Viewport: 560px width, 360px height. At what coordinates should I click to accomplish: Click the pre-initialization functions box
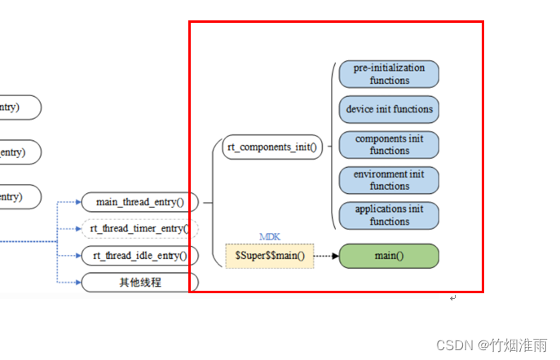(x=388, y=74)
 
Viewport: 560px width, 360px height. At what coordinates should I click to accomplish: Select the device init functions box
(x=388, y=109)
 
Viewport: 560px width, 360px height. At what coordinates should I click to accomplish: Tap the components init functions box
(x=388, y=144)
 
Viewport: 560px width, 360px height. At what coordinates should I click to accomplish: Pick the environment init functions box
(x=388, y=180)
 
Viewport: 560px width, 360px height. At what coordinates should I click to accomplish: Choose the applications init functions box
(x=388, y=215)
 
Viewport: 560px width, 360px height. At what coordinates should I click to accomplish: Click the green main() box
(x=388, y=256)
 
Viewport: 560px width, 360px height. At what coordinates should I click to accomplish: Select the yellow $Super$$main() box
(x=269, y=256)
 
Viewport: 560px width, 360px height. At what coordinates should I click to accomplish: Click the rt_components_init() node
(x=272, y=147)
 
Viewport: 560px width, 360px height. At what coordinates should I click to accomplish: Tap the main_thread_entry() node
(x=140, y=202)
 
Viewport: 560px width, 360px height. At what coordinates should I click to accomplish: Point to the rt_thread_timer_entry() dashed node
(x=140, y=229)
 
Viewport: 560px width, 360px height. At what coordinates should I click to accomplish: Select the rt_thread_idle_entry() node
(x=140, y=256)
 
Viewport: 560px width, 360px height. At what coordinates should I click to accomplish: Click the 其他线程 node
(x=140, y=282)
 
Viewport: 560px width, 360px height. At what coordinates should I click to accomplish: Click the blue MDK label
(x=270, y=236)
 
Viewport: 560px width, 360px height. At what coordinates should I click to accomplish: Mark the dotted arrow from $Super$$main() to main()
(x=326, y=256)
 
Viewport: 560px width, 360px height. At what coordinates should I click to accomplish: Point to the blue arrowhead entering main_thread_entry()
(x=77, y=202)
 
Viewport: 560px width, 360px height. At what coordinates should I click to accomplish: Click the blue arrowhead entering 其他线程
(x=77, y=282)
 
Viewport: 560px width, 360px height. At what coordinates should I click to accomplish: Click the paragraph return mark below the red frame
(x=452, y=299)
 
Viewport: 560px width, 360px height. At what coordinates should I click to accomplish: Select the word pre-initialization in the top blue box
(x=389, y=68)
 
